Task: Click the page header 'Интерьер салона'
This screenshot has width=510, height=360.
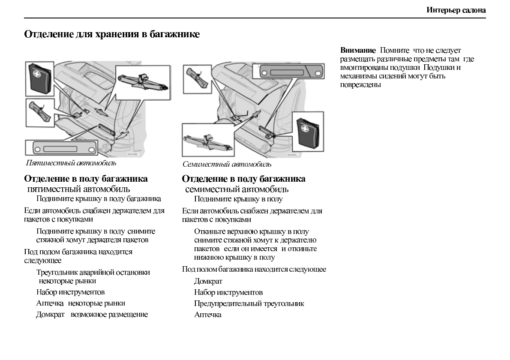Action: (456, 10)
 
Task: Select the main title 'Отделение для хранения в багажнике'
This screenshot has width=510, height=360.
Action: (112, 34)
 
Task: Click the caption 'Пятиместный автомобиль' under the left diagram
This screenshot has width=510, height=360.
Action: (71, 163)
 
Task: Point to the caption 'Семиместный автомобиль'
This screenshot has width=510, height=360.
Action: (227, 164)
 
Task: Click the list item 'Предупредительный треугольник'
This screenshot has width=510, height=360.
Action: (249, 303)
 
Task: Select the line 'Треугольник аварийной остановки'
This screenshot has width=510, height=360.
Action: (93, 273)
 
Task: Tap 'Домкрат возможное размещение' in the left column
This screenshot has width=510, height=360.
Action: (92, 315)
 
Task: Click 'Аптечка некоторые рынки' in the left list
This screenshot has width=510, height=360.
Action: (81, 303)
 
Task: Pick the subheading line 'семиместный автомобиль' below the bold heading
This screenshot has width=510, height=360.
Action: (237, 189)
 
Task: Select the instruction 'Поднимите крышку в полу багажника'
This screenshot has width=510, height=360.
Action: (99, 199)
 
